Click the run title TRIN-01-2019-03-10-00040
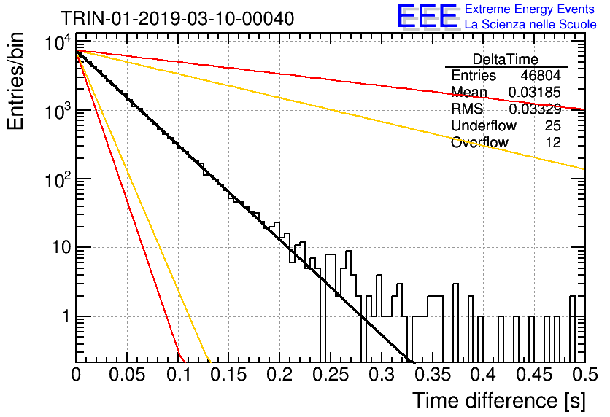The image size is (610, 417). tap(177, 18)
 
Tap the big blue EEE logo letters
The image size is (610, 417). tap(427, 16)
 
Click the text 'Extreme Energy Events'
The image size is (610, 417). tap(530, 9)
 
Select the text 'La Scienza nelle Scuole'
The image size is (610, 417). tap(530, 24)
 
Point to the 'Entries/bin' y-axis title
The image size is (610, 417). tap(15, 81)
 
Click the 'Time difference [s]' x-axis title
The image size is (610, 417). tap(499, 401)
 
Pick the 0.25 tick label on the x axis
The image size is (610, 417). tap(331, 375)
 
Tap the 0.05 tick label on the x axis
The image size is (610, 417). tap(127, 375)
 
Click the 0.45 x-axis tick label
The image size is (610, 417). tap(535, 375)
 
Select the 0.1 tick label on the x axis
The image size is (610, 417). tap(179, 375)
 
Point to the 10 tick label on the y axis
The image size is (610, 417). tap(62, 247)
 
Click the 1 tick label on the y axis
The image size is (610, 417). tap(66, 316)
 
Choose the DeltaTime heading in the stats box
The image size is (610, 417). tap(506, 59)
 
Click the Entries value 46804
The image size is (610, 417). tap(541, 75)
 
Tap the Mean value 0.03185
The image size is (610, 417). tap(535, 92)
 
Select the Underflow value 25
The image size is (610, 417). tap(553, 125)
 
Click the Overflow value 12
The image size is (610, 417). tap(553, 142)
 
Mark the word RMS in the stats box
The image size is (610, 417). tap(467, 109)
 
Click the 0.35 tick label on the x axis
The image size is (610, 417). tap(433, 375)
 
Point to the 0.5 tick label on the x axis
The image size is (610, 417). tap(584, 375)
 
